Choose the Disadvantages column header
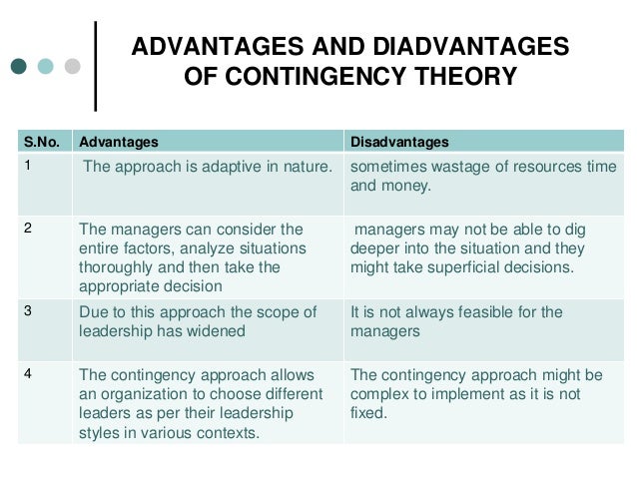tap(398, 141)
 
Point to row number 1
tap(29, 165)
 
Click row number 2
tap(29, 227)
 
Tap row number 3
tap(29, 311)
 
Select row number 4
tap(29, 374)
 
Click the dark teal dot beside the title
tap(19, 67)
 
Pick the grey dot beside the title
tap(72, 67)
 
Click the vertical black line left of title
tap(96, 64)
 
